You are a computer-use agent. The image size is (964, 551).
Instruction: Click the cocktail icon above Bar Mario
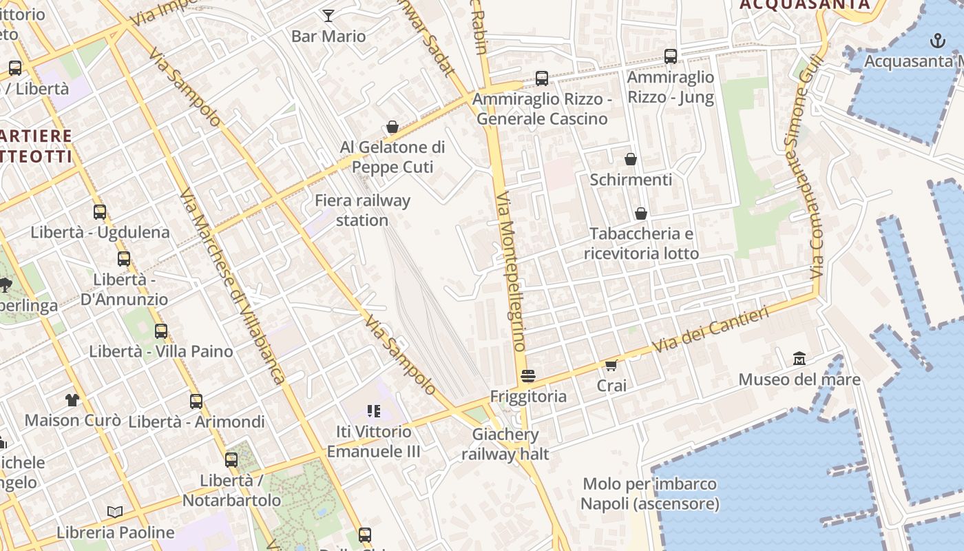328,15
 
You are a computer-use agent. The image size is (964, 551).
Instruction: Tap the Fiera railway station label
362,211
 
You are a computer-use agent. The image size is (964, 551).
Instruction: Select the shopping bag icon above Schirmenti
630,160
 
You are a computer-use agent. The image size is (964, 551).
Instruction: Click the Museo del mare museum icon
799,359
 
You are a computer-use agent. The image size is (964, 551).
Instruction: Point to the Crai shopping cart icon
611,365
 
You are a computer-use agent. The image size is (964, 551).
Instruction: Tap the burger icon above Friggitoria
528,376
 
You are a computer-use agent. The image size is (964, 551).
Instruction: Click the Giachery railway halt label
505,444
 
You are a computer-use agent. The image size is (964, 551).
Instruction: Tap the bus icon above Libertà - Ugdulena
100,212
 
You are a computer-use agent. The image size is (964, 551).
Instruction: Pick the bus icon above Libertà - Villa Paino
161,331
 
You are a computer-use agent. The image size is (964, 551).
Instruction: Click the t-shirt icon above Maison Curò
72,399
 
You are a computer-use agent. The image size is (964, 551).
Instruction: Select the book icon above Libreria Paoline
115,512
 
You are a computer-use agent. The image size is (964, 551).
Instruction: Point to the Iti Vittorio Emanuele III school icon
374,412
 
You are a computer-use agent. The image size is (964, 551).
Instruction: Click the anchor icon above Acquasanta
938,41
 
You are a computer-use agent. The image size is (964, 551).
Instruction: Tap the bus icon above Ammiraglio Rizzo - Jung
671,56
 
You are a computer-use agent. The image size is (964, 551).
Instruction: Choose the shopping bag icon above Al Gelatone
392,127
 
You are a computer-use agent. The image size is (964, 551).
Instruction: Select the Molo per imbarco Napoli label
649,494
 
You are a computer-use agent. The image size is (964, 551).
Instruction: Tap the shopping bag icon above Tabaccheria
641,214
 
